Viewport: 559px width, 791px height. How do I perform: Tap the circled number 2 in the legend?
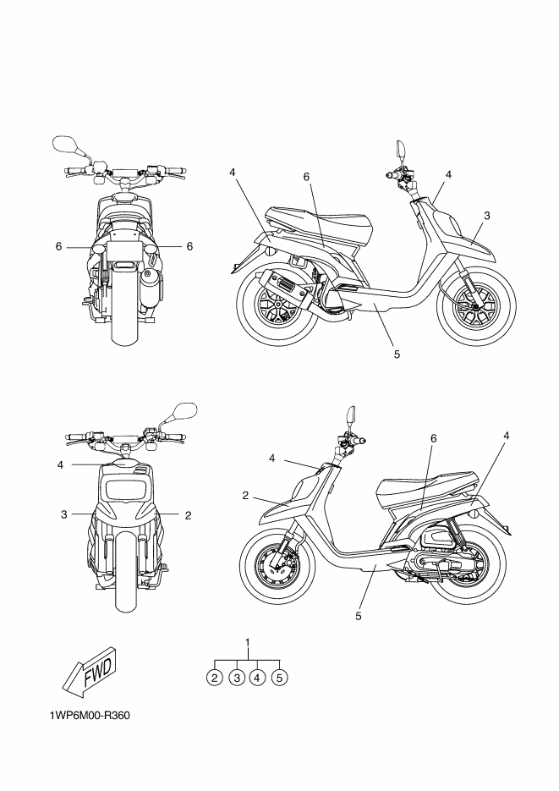tap(215, 677)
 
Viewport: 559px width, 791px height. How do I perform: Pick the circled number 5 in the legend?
tap(281, 677)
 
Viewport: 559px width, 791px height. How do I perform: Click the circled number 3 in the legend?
tap(237, 677)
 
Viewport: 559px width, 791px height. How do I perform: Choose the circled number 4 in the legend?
tap(259, 677)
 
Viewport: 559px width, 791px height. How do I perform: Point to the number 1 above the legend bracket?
tap(248, 643)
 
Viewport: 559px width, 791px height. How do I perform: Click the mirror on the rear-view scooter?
tap(64, 144)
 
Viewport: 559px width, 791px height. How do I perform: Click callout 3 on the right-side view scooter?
tap(488, 216)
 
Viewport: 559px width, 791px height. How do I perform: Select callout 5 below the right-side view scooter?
tap(397, 354)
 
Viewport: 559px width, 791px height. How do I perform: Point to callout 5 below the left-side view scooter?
tap(359, 616)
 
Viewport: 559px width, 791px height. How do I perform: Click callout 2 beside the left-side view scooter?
tap(245, 495)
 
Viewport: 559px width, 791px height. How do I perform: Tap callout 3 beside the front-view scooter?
tap(63, 514)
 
